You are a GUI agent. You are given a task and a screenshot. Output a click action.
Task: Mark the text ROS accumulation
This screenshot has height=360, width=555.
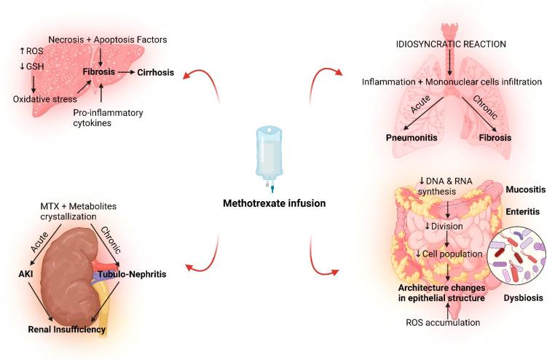pyautogui.click(x=444, y=322)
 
